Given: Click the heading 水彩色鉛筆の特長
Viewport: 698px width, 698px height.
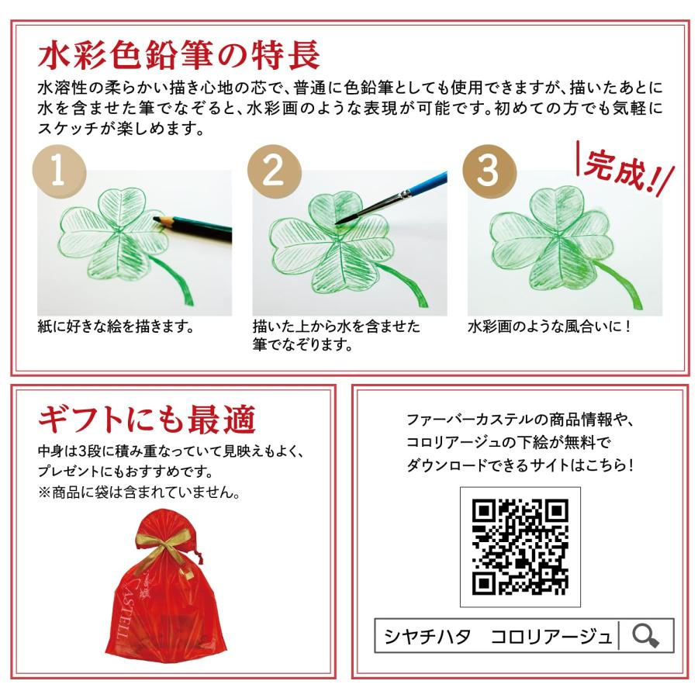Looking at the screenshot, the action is [x=179, y=55].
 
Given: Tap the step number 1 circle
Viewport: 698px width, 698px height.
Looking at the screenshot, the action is [x=59, y=171].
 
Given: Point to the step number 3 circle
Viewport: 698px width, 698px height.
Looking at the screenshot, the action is [x=489, y=171].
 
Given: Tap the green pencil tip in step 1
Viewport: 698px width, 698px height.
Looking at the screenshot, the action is [x=157, y=219].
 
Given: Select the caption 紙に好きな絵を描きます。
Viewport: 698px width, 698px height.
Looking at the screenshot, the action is [x=116, y=327].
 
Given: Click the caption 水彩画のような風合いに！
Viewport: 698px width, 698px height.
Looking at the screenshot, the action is [x=549, y=327].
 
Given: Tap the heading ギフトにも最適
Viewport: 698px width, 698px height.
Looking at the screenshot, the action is [x=147, y=420].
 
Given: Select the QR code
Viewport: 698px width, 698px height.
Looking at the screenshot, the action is [x=520, y=547].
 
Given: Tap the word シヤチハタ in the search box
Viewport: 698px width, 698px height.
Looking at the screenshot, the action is [x=427, y=636].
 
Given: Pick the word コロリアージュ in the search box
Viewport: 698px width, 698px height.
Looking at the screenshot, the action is [x=551, y=636].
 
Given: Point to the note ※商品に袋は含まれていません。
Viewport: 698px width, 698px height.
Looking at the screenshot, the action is [x=140, y=492].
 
